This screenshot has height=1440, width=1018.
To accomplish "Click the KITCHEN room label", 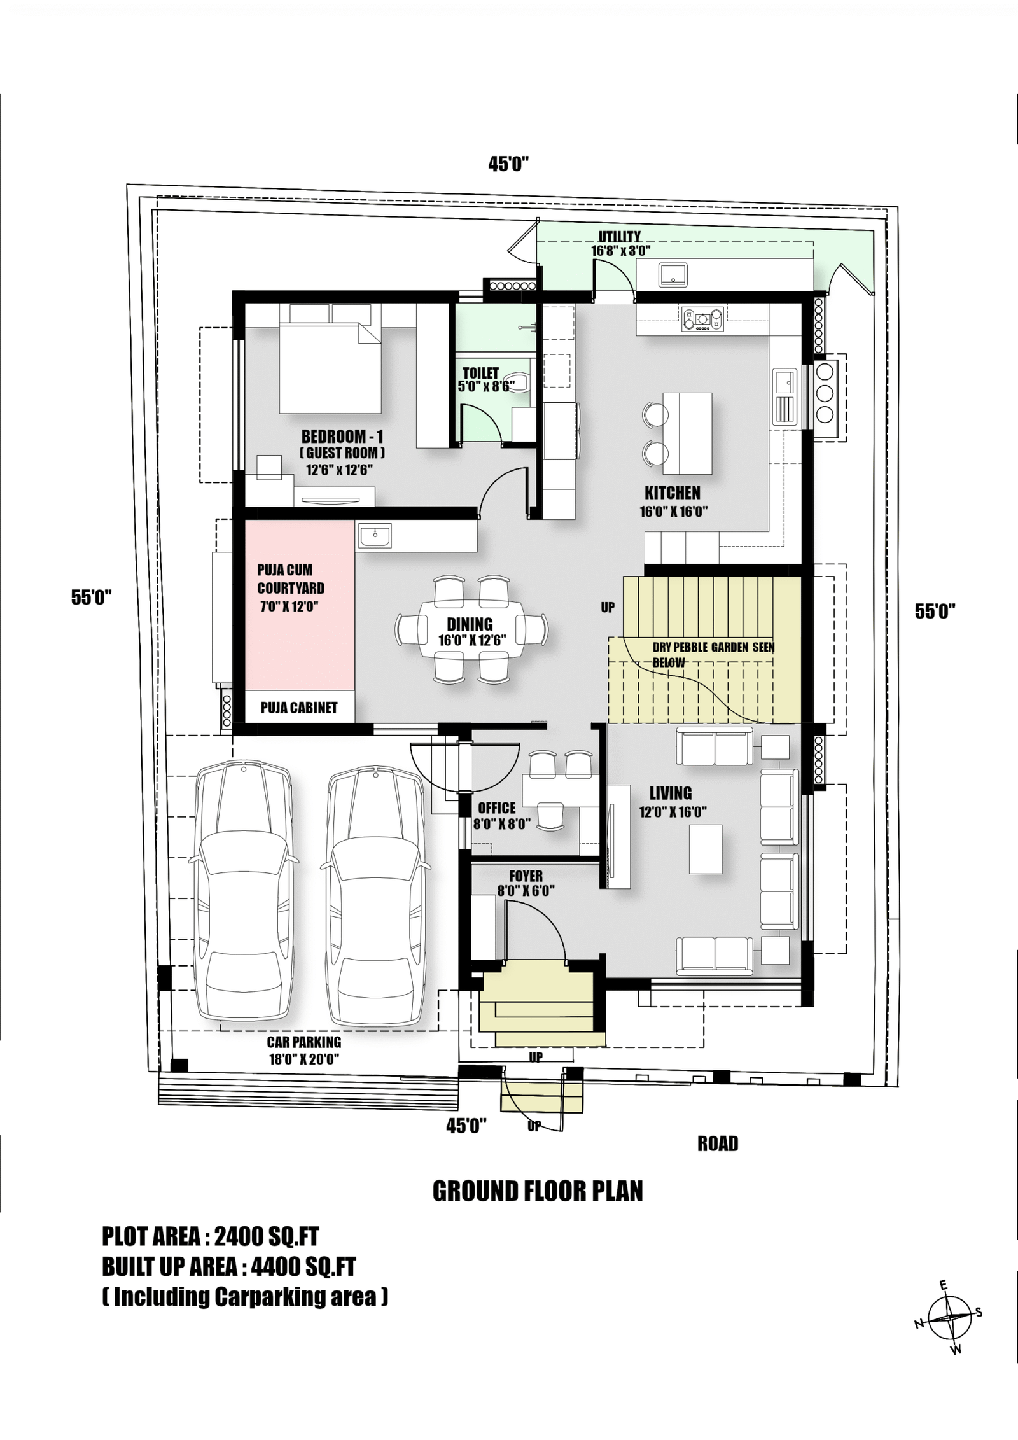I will tap(672, 493).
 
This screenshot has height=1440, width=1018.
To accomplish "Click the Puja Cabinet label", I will tap(299, 708).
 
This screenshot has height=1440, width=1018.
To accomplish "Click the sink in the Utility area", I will tap(673, 275).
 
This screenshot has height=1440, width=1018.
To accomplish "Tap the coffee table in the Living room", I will tap(706, 849).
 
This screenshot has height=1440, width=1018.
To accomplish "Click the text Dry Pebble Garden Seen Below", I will tap(713, 654).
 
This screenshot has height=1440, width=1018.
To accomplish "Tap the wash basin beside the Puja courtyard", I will tap(375, 535).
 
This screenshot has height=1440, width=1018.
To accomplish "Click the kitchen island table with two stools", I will tap(687, 433).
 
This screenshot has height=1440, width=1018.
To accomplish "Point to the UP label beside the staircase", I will tap(608, 607).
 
